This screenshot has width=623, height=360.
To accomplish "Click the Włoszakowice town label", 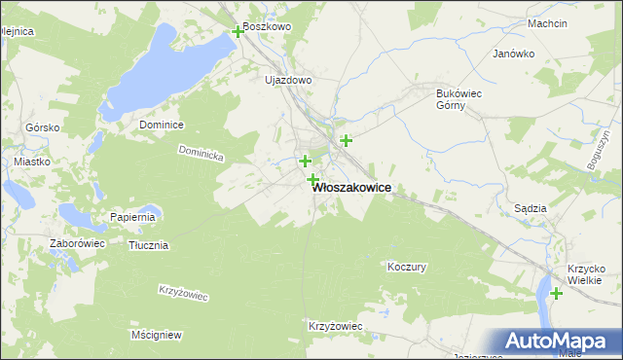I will click(x=352, y=191).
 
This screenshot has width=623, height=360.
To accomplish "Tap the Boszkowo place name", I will click(x=268, y=27).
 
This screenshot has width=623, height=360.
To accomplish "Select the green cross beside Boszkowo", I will click(x=238, y=32).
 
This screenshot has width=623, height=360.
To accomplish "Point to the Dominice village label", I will click(x=162, y=125).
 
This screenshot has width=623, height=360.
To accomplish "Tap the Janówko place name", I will click(x=515, y=54).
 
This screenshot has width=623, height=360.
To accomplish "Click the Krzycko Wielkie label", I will click(x=586, y=275).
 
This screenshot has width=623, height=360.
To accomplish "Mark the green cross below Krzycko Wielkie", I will click(x=556, y=293).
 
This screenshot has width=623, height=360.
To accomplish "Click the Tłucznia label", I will click(x=149, y=245).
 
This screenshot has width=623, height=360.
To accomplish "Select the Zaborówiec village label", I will click(x=77, y=243).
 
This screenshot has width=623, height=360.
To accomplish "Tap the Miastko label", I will click(x=32, y=162).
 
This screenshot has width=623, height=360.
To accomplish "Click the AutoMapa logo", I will click(x=557, y=341).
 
